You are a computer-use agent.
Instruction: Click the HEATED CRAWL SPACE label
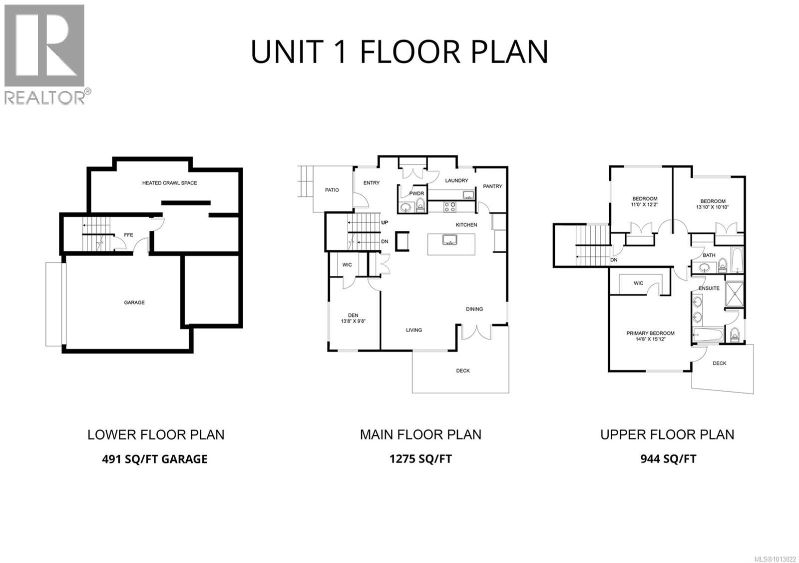(169, 183)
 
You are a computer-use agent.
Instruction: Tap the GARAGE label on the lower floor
(134, 302)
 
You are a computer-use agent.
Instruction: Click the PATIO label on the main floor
(332, 190)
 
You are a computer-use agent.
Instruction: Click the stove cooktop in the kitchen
(449, 204)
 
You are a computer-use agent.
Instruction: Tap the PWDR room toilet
(420, 204)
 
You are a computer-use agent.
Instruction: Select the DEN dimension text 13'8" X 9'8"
(353, 321)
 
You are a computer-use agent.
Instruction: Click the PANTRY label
(492, 186)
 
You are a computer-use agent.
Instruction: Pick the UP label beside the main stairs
(385, 222)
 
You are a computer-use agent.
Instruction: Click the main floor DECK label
(463, 371)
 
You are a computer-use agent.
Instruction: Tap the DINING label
(474, 309)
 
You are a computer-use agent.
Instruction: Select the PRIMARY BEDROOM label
(650, 333)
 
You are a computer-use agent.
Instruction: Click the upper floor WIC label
(638, 283)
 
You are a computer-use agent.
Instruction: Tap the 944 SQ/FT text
(668, 459)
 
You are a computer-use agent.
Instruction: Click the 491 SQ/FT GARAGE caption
(154, 459)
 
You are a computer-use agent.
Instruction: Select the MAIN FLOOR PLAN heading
(420, 434)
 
